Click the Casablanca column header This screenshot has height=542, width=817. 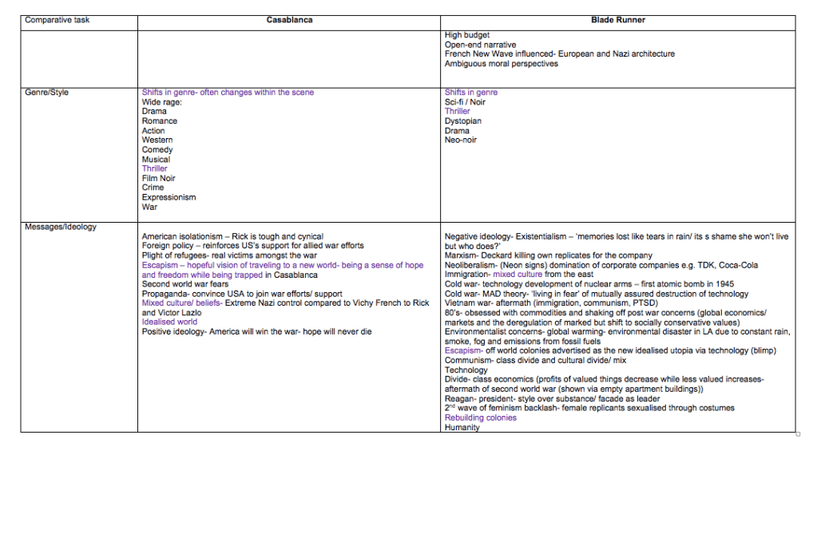[x=289, y=20]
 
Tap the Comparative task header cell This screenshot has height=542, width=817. [x=58, y=20]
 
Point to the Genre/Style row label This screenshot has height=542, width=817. [x=47, y=93]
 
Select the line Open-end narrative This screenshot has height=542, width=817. [x=480, y=45]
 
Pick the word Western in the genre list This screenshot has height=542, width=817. [x=157, y=140]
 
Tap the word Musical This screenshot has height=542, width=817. [x=156, y=160]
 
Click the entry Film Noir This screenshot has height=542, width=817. [x=159, y=179]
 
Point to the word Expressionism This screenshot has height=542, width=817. [x=169, y=198]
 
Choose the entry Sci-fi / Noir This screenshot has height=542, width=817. [x=465, y=102]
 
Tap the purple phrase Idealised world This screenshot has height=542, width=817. [x=169, y=322]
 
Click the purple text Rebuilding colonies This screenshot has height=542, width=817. [x=481, y=418]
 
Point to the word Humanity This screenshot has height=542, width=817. [x=462, y=428]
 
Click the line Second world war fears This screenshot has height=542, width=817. [x=185, y=284]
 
